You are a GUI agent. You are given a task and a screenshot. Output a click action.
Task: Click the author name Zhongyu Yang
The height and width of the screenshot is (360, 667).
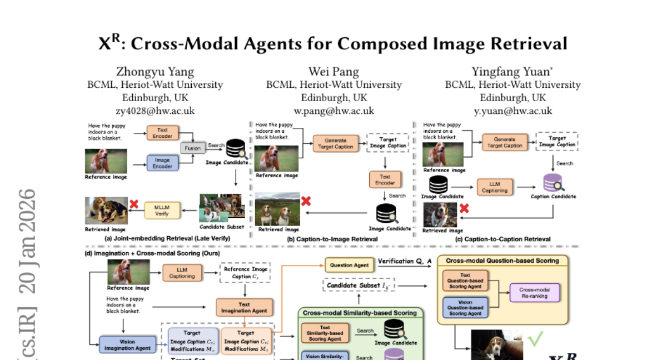point(155,72)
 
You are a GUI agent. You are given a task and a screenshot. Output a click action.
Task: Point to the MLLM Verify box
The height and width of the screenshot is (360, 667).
point(161,211)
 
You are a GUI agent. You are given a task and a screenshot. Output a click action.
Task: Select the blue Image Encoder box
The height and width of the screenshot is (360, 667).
point(162,163)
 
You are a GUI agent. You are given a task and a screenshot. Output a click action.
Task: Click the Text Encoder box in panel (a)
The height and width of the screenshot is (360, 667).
point(162,133)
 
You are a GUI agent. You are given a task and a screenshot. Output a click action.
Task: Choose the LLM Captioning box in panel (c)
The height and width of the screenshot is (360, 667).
point(495,187)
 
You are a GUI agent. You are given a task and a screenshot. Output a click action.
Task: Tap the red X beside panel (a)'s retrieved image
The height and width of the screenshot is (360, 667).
point(134,204)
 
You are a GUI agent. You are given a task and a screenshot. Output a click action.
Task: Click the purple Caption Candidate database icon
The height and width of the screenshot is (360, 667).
point(552,182)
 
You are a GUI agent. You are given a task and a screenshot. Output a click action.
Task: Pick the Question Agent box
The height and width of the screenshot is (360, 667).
point(349,266)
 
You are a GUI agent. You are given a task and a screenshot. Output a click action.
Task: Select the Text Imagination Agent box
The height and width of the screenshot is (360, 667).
point(245,307)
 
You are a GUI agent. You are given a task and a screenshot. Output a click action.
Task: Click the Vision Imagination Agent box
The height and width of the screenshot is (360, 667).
point(127,344)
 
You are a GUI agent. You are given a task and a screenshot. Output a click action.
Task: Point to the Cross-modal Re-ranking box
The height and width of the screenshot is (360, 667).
point(534,293)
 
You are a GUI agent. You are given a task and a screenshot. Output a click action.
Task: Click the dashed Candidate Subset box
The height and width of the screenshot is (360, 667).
point(359,286)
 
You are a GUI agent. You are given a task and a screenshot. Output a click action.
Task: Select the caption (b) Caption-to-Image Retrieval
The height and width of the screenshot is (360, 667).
point(332,239)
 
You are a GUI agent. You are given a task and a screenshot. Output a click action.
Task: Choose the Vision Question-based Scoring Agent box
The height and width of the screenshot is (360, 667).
point(465,307)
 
